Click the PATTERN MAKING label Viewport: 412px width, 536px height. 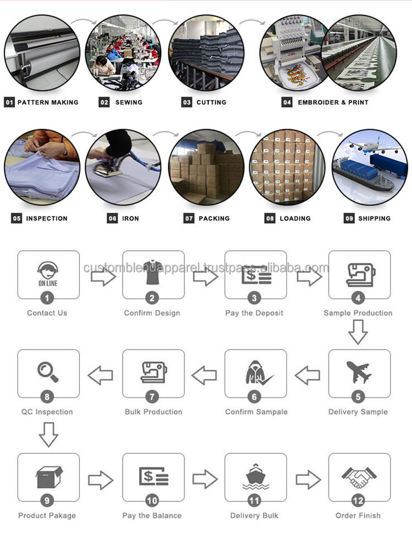[x=47, y=103]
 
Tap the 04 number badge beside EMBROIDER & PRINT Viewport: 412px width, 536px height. [x=287, y=103]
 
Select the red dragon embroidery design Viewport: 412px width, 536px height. [x=296, y=72]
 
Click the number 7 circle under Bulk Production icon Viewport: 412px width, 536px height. [x=152, y=398]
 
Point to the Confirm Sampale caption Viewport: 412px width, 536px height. [x=256, y=412]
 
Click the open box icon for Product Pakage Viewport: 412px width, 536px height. [x=48, y=476]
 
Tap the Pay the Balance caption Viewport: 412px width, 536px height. [x=152, y=515]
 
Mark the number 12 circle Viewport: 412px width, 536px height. [x=358, y=501]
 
